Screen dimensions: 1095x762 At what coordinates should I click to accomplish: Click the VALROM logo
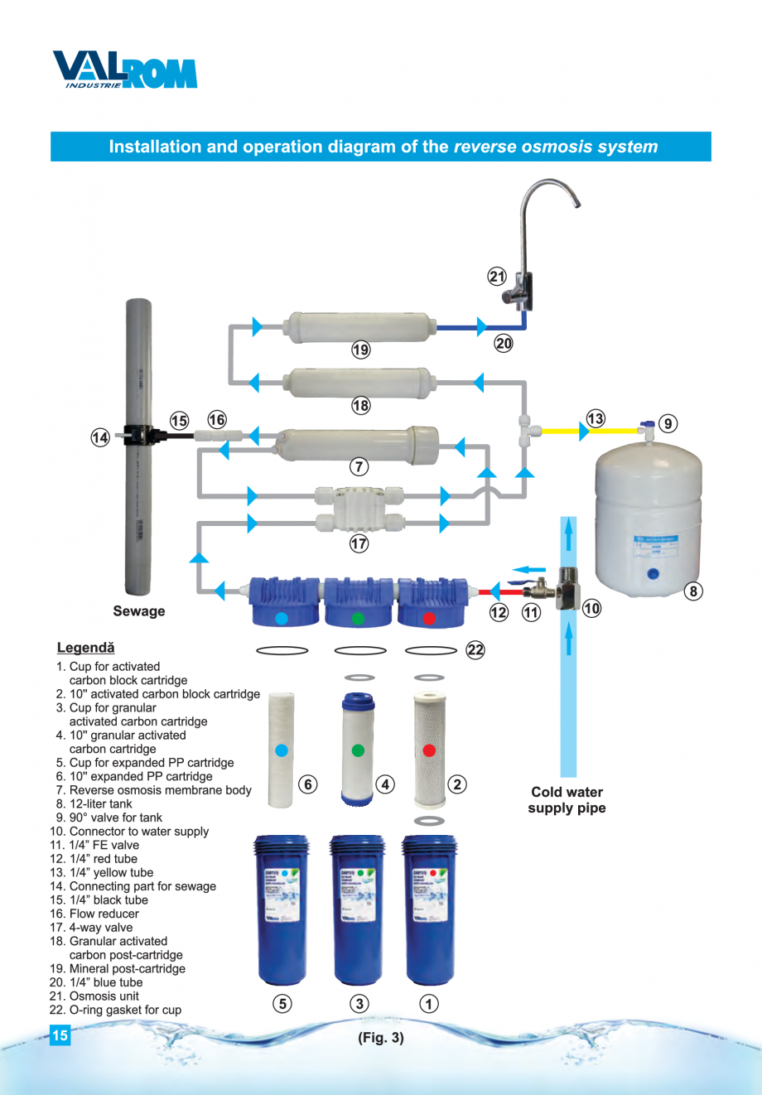125,70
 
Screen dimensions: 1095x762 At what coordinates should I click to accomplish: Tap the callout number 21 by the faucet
497,277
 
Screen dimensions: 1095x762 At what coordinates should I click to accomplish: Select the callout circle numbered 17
359,543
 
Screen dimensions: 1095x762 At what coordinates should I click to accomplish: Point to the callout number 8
693,591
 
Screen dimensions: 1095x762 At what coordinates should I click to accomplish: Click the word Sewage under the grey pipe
139,611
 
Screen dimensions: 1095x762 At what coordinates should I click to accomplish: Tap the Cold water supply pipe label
567,800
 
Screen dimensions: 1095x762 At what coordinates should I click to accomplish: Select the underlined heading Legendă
86,648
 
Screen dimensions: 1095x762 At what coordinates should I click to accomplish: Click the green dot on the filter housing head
358,618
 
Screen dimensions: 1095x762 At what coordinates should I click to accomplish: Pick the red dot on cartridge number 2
429,750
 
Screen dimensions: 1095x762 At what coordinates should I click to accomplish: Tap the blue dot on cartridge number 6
281,750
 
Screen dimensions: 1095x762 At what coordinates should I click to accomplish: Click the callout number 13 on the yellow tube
596,418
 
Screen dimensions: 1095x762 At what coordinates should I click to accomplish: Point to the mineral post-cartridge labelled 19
360,327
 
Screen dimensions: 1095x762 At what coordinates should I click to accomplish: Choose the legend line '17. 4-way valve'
91,928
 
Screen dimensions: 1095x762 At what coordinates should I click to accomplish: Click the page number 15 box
60,1035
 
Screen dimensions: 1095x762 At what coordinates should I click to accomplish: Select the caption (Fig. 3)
381,1038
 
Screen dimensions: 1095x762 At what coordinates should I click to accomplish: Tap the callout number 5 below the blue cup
282,1004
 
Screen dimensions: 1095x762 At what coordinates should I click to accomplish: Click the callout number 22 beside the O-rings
475,650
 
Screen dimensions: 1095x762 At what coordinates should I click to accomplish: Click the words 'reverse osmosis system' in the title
556,147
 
